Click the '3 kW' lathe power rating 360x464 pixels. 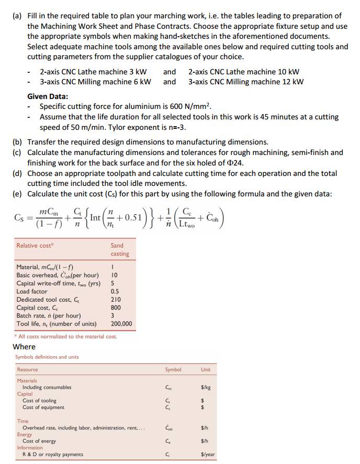click(137, 72)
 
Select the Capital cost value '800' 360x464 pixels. click(116, 308)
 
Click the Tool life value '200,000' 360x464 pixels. click(121, 325)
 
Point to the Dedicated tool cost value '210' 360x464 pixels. click(116, 300)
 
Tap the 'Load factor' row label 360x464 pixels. click(31, 292)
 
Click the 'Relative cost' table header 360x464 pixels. click(35, 246)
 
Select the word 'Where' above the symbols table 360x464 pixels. click(24, 347)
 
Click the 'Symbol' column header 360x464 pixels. click(173, 370)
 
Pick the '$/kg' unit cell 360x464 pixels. click(205, 388)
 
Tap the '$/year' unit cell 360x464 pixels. click(205, 455)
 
